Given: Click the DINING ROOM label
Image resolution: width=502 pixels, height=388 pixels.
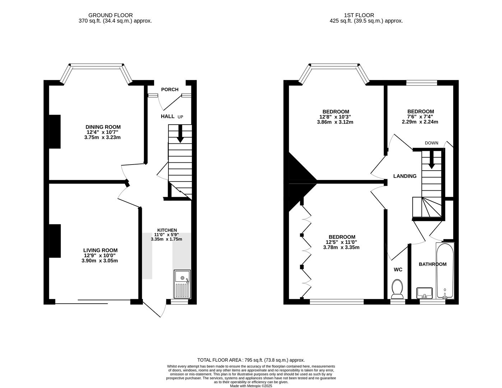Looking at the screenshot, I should tap(103, 127).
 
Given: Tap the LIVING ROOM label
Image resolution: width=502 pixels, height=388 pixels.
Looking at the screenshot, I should tap(100, 250).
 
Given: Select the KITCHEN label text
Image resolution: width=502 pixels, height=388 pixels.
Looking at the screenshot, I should tap(167, 230).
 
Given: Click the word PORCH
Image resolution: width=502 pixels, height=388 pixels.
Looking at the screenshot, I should tap(169, 89).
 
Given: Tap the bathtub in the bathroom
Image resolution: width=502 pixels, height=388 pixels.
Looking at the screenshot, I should tap(445, 271).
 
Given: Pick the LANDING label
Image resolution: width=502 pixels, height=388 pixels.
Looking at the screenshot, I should tap(405, 176).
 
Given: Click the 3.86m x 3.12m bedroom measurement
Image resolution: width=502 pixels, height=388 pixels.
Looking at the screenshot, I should tap(335, 122).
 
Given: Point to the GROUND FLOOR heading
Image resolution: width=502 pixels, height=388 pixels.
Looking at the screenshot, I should tap(110, 15).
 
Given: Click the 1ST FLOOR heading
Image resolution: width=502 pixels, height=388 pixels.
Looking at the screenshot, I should tap(359, 15).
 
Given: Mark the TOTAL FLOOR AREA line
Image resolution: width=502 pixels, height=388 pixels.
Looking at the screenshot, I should tap(251, 360).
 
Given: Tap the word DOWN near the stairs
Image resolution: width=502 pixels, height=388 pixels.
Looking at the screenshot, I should tap(431, 143).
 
